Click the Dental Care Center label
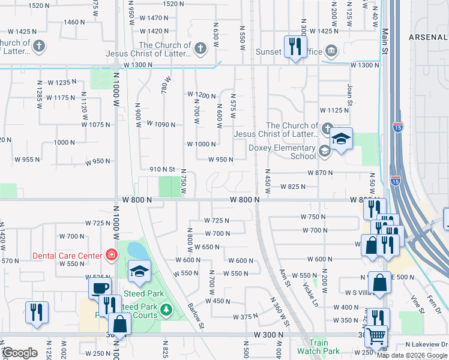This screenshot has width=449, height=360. point(67,256)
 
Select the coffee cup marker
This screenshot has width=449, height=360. point(100,287)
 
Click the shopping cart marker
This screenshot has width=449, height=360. point(376,337)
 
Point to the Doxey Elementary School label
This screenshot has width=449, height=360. point(282,152)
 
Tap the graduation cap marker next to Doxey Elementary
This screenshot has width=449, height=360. point(341,140)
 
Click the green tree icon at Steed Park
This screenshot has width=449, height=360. point(166,310)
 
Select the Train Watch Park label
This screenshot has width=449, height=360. point(319,352)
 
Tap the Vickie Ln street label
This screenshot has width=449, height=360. point(309,294)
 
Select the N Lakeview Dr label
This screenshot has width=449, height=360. point(426,344)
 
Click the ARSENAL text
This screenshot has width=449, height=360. point(428,37)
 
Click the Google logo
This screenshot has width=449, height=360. point(20,353)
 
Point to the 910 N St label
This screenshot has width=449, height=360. point(161,170)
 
